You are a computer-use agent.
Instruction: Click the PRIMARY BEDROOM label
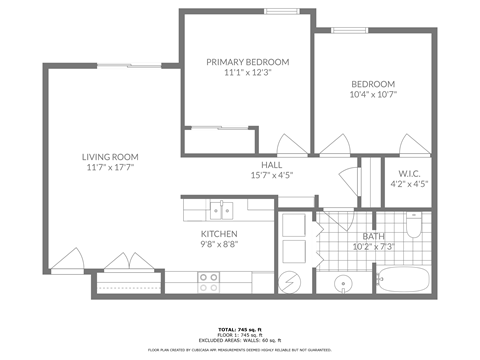(247, 62)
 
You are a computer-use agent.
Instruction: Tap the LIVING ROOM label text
(110, 157)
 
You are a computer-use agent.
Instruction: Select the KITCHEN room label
(218, 233)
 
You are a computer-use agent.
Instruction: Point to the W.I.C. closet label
(407, 173)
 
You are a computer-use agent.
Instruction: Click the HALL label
(271, 164)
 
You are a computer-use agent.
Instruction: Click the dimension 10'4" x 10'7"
(372, 95)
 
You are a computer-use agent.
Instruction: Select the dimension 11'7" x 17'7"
(110, 169)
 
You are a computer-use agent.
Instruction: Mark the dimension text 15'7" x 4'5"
(271, 176)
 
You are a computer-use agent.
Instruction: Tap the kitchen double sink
(221, 209)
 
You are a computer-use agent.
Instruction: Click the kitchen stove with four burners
(209, 282)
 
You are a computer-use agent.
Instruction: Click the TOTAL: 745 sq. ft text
(240, 329)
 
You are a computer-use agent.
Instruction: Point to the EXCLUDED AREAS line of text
(240, 340)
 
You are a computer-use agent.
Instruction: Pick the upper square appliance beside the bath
(294, 225)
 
